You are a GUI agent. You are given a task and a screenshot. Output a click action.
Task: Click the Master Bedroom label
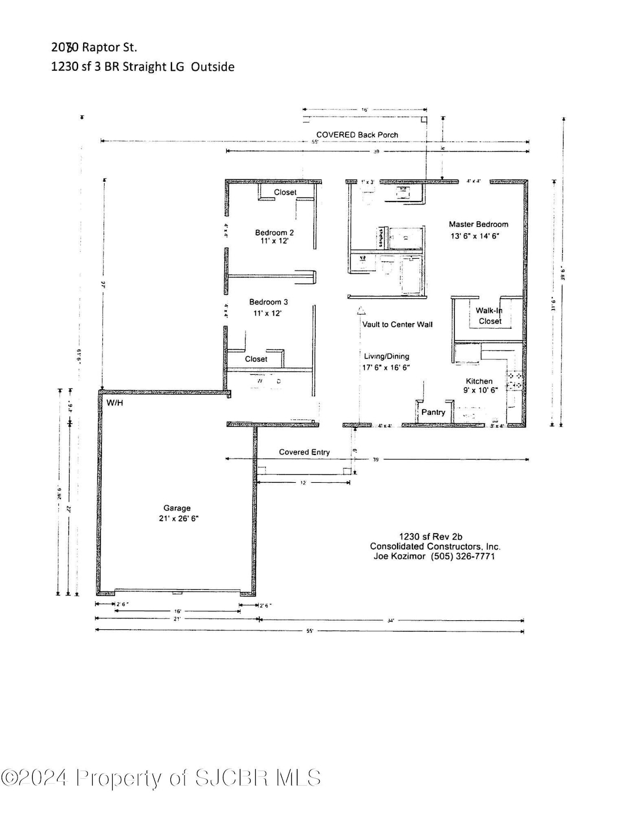coord(478,224)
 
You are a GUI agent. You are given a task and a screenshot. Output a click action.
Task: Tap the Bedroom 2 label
coord(274,233)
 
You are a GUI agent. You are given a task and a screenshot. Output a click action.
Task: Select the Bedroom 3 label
coord(268,302)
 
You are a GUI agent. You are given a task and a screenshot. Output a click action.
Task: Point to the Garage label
coord(177,508)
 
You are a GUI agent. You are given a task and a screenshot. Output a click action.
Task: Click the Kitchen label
coord(479,381)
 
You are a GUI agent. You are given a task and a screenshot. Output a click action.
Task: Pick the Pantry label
coord(433,412)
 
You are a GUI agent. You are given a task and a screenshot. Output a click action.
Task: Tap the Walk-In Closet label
coord(489,316)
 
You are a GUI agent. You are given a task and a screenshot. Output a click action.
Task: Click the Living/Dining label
coord(386,357)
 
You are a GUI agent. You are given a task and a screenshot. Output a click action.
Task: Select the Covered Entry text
coord(304,452)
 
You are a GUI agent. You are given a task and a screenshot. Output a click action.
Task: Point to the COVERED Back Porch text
coord(357,135)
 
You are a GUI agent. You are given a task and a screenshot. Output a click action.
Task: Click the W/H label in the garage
coord(115,403)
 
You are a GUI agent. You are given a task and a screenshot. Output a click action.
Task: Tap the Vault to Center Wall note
coord(397,324)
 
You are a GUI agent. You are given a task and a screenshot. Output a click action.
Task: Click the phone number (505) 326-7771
coord(463,556)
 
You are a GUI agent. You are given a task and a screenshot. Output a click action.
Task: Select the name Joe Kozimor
coord(399,556)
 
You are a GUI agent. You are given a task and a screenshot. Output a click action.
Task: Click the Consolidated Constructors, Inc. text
coord(435,547)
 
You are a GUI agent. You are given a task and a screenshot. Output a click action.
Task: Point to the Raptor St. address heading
coord(94,48)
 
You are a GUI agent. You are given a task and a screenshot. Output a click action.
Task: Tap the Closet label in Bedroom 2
coord(285,192)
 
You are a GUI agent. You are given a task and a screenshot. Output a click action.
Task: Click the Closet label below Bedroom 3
coord(256,359)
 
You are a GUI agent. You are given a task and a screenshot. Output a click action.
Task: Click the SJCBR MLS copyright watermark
coord(161,778)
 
